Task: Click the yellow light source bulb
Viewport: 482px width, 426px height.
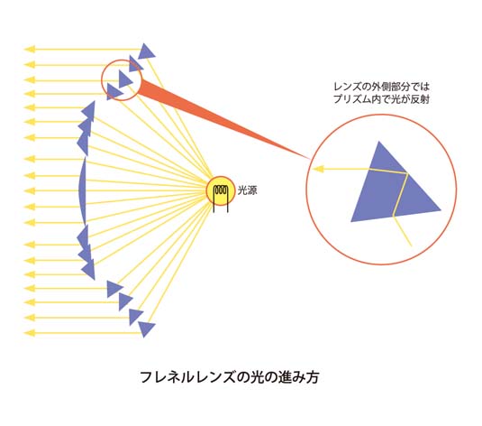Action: (x=221, y=190)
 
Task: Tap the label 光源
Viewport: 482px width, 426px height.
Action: (x=247, y=190)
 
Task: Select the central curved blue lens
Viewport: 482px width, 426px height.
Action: (x=82, y=191)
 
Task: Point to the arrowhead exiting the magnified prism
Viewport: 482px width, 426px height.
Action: (x=318, y=169)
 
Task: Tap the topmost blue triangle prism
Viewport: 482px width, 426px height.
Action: (x=146, y=51)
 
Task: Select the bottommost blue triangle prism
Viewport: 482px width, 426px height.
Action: (x=146, y=329)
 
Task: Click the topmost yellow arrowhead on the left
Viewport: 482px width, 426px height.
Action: (x=30, y=50)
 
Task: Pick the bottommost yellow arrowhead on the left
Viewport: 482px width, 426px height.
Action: (x=30, y=333)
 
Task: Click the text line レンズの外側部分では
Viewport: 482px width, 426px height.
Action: (x=381, y=87)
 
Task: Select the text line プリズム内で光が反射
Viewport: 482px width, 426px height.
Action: (x=381, y=99)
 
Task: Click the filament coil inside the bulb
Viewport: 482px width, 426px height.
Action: (x=221, y=190)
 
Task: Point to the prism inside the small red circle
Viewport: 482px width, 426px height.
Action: (x=124, y=79)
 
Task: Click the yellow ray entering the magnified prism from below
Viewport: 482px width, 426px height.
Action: (x=403, y=231)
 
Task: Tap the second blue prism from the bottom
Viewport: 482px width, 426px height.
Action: (x=135, y=317)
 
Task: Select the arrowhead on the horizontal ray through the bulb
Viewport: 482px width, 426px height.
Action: (x=30, y=191)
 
